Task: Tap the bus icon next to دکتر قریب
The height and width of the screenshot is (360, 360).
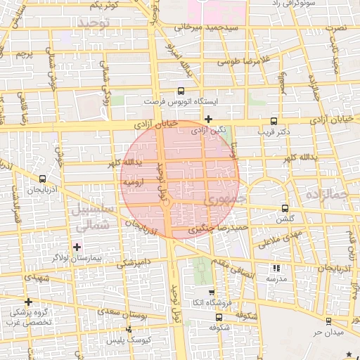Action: point(275,121)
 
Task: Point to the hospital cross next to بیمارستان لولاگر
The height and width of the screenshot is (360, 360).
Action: point(77,246)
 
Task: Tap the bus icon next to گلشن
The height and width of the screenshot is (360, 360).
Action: point(285,208)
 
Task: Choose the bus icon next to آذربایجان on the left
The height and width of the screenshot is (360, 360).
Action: point(43,179)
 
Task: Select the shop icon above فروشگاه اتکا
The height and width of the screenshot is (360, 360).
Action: point(212,292)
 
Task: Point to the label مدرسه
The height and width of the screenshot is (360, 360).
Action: point(275,279)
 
